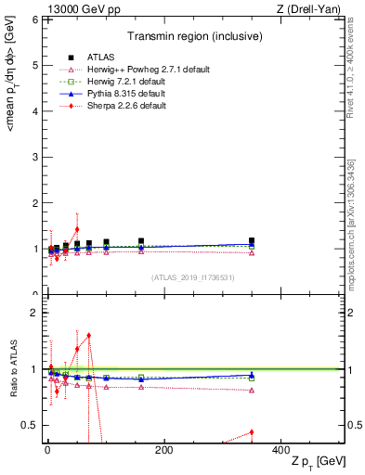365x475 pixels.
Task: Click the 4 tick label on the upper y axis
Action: pos(34,111)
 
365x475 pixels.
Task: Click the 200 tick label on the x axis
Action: pos(163,450)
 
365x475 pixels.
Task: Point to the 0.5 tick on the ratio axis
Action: pos(31,425)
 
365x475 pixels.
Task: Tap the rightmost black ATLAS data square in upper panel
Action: pos(252,241)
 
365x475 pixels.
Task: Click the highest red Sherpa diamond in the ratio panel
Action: pos(89,335)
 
